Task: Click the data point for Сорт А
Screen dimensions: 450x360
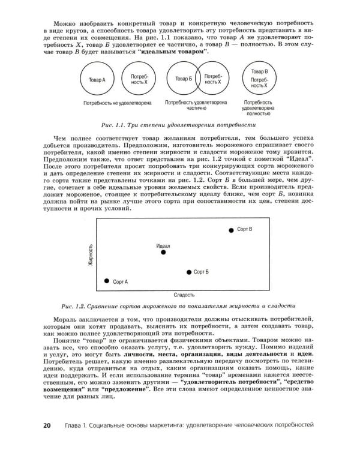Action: coord(107,281)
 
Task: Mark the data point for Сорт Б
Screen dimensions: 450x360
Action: coord(189,272)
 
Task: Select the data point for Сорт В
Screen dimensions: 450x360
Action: coord(231,230)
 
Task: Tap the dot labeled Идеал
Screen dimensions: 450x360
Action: coord(163,253)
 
